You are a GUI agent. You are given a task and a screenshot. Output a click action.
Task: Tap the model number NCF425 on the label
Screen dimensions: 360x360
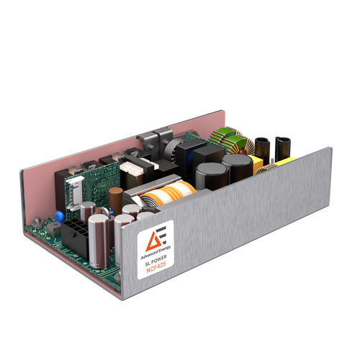pyautogui.click(x=156, y=267)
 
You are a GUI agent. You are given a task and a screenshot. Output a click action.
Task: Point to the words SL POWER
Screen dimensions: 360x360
pyautogui.click(x=156, y=261)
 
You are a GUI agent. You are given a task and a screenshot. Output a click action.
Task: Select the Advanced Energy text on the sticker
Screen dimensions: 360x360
pyautogui.click(x=156, y=252)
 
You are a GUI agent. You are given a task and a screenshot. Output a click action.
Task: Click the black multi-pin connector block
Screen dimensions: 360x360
pyautogui.click(x=74, y=239)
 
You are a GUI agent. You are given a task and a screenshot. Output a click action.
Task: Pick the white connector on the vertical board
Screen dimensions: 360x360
pyautogui.click(x=76, y=194)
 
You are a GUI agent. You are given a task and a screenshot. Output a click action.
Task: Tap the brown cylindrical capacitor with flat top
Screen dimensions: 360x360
pyautogui.click(x=116, y=201)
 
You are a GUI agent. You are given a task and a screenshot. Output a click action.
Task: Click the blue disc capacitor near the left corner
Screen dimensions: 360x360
pyautogui.click(x=60, y=217)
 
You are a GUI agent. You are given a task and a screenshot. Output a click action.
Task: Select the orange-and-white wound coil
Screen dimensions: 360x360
pyautogui.click(x=168, y=193)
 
